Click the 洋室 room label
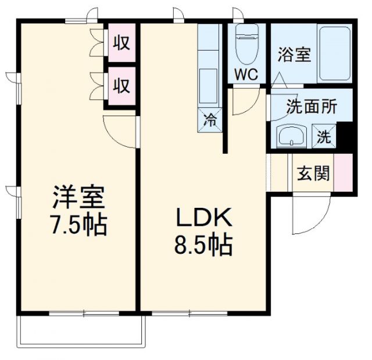[79, 198]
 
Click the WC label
[246, 74]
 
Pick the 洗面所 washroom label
[311, 107]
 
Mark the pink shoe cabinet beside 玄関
[342, 174]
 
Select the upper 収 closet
[121, 42]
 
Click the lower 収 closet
[121, 87]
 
